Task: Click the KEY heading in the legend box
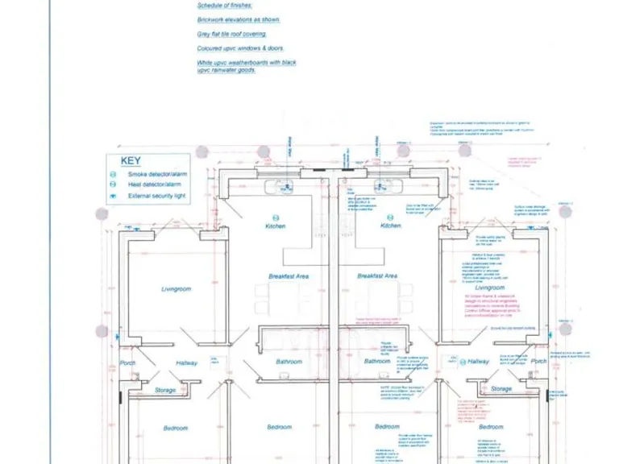(x=131, y=161)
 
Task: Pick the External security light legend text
(x=157, y=196)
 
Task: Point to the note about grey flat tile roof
(x=232, y=34)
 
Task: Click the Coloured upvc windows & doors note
(x=240, y=48)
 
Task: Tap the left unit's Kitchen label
(x=276, y=226)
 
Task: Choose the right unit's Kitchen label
(x=390, y=226)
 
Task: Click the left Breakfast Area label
(x=289, y=276)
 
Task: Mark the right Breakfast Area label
(x=378, y=276)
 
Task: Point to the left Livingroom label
(x=177, y=288)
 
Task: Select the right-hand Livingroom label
(x=489, y=288)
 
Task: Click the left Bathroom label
(x=289, y=362)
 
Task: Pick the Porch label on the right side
(x=539, y=361)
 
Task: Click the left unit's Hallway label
(x=187, y=363)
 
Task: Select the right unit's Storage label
(x=501, y=389)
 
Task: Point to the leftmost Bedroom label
(x=176, y=428)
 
